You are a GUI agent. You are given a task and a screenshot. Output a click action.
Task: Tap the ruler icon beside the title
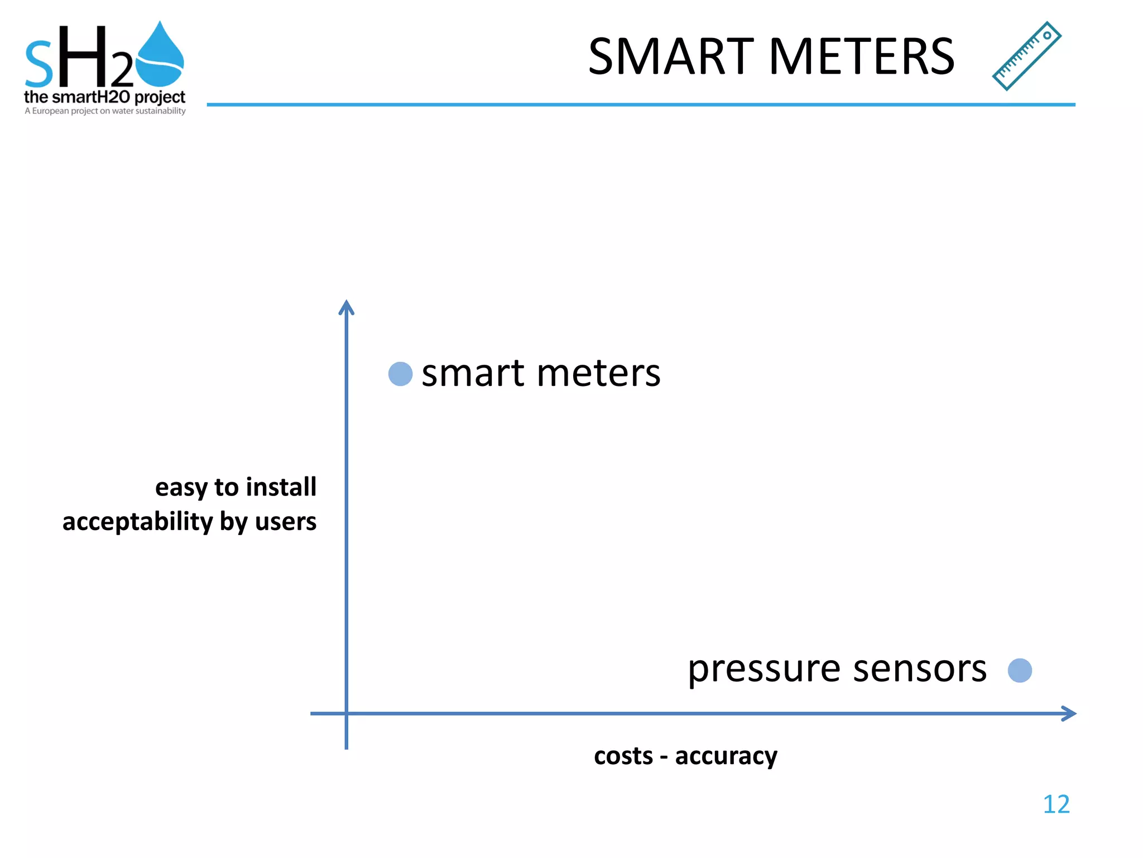tap(1026, 56)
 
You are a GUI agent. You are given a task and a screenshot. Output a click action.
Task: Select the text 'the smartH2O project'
tap(104, 97)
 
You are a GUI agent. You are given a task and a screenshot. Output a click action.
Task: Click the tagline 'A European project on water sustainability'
tap(105, 111)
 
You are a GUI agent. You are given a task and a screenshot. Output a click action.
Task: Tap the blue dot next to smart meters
tap(400, 374)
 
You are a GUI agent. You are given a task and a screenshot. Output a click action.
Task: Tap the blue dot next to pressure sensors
tap(1020, 670)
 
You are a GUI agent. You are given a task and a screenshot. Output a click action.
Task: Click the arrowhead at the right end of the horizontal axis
tap(1069, 713)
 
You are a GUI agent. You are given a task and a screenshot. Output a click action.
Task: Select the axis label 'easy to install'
tap(236, 487)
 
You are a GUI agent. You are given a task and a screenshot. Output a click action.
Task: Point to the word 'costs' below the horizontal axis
tap(623, 756)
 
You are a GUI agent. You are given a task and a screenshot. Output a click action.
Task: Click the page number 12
tap(1056, 804)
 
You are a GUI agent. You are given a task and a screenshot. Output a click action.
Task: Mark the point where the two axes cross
tap(347, 713)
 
